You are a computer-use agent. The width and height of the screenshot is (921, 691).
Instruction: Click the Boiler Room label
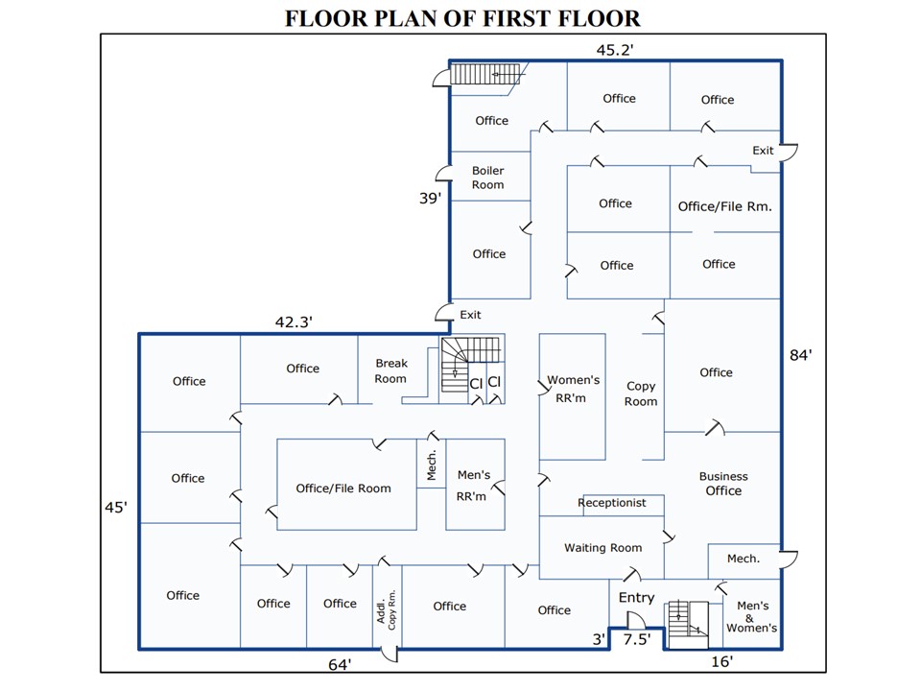pos(487,178)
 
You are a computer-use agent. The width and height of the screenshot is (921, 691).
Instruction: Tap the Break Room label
pos(390,370)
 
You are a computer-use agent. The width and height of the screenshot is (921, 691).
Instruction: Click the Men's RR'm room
pos(474,486)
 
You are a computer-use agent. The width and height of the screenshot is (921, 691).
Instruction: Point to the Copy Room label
pos(641,393)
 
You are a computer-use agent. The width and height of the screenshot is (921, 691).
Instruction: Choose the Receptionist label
pos(612,503)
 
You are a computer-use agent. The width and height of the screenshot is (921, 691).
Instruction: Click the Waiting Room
pos(602,548)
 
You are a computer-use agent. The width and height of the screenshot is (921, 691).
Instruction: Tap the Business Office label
pos(723,484)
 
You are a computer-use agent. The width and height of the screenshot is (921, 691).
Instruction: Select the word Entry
pos(636,598)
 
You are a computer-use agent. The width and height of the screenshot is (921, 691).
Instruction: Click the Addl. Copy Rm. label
pos(387,607)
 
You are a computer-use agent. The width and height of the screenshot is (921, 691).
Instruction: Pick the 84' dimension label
pos(801,355)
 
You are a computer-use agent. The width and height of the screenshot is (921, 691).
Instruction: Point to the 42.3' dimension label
pos(294,322)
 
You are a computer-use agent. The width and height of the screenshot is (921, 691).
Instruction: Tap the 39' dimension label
pos(430,199)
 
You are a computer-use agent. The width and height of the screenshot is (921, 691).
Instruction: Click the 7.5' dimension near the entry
pos(637,638)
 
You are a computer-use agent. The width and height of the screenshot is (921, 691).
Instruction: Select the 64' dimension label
pos(340,663)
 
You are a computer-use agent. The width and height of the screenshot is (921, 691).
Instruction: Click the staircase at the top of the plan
pos(486,74)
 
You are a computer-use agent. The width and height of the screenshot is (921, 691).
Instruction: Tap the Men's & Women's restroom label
pos(752,617)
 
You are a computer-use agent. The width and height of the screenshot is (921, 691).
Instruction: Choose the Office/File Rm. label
pos(724,206)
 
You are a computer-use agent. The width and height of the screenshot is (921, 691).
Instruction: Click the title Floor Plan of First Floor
pos(462,18)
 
